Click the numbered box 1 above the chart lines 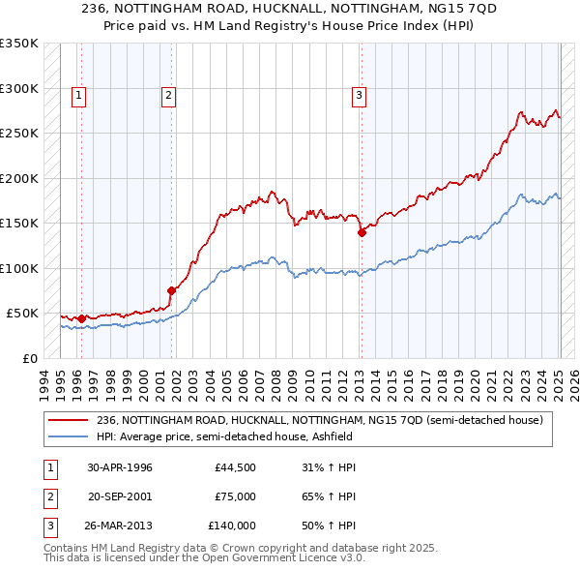pos(77,95)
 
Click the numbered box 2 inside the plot pos(168,95)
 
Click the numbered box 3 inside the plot pos(359,95)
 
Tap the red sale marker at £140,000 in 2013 pos(362,232)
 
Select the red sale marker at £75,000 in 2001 pos(171,290)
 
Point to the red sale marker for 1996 pos(81,317)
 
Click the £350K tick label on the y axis pos(19,44)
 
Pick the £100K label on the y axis pos(19,268)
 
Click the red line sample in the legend pos(68,420)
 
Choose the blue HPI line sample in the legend pos(68,436)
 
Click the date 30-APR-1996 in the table pos(120,467)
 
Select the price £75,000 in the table pos(235,496)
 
